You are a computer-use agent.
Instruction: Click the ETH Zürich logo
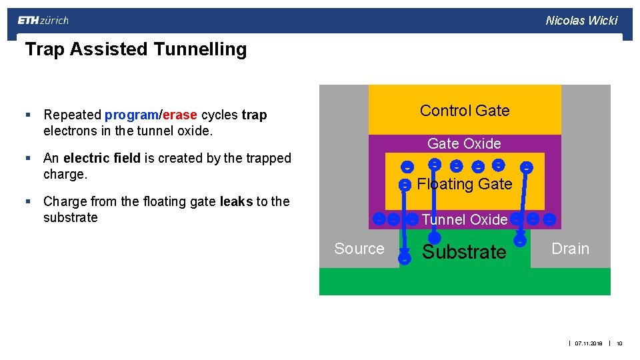point(43,21)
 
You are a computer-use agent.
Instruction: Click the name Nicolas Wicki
point(581,21)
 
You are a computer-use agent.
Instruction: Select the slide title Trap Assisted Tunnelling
point(136,49)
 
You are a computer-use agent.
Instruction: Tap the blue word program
point(131,115)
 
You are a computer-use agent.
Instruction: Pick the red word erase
point(179,115)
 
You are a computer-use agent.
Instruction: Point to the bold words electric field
point(101,159)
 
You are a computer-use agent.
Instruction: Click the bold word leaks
point(237,201)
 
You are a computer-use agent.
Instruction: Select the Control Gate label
point(465,111)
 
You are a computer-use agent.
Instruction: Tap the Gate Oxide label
point(464,143)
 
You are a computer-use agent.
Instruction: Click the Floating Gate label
point(464,184)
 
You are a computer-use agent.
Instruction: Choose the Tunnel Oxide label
point(465,219)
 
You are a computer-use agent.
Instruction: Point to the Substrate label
point(465,252)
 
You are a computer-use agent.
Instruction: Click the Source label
point(359,249)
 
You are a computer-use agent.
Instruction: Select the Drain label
point(570,249)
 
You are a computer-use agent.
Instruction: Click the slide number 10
point(619,344)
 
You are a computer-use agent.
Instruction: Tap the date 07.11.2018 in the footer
point(589,344)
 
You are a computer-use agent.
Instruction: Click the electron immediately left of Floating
point(405,185)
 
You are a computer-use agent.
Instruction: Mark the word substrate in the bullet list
point(71,218)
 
